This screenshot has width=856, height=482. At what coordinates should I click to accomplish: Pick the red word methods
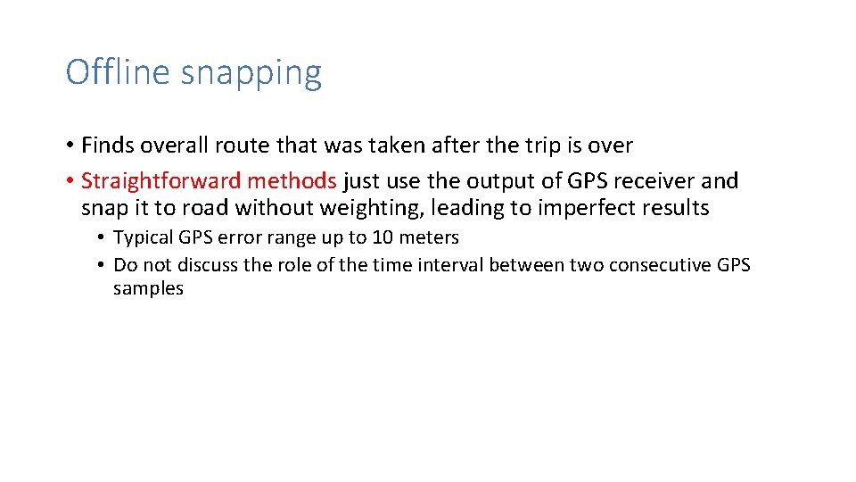click(x=292, y=181)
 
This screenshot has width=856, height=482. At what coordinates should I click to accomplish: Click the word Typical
click(x=144, y=238)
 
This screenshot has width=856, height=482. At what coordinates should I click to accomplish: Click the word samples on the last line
click(x=148, y=288)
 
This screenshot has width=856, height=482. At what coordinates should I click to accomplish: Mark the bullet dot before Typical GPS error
click(x=103, y=238)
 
